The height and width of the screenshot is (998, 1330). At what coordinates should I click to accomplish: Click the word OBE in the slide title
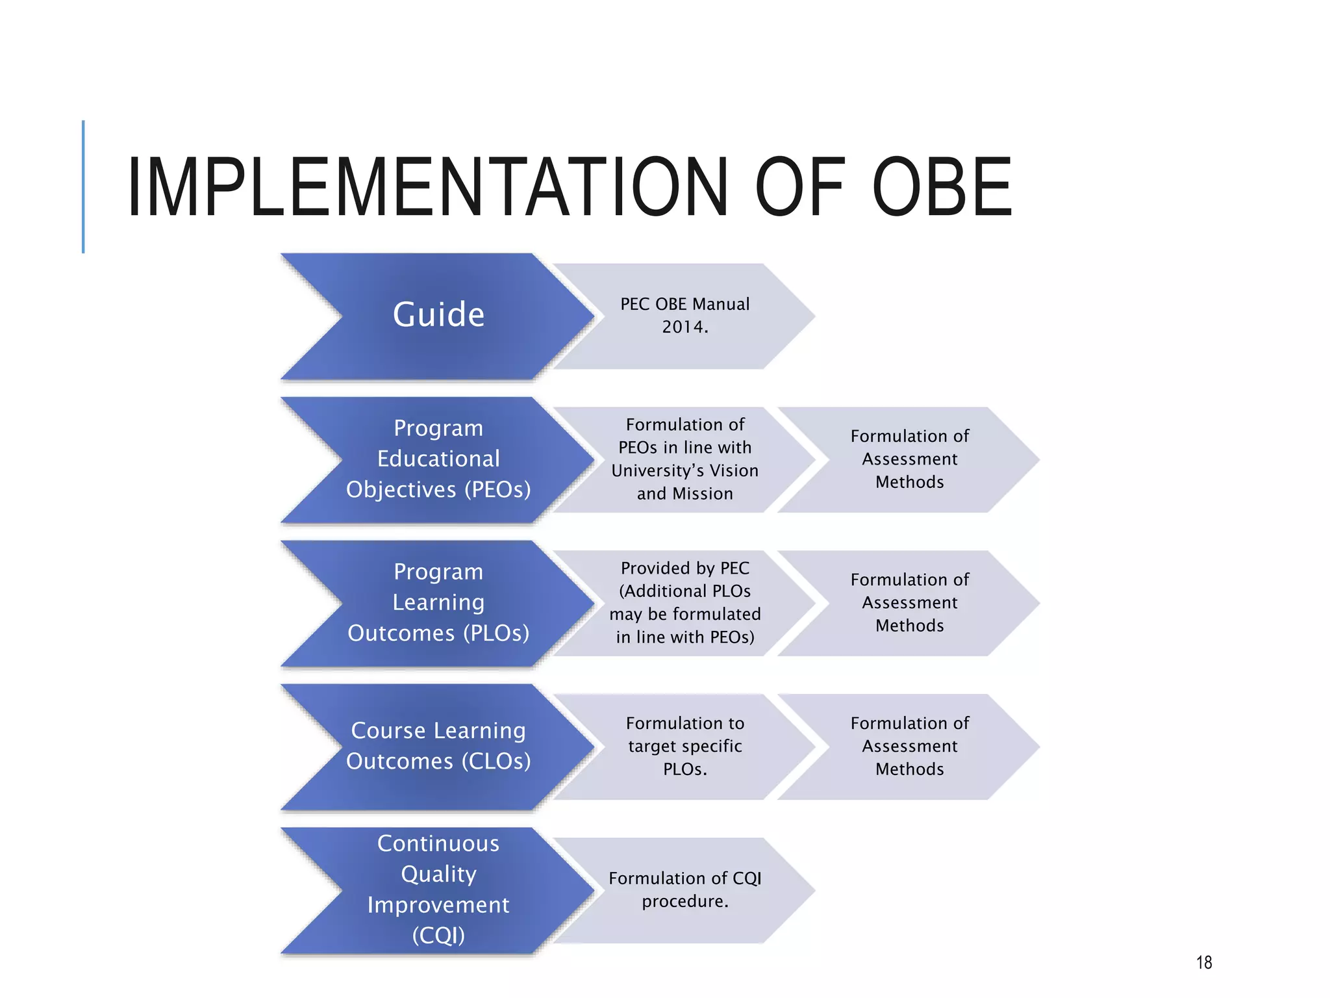(942, 187)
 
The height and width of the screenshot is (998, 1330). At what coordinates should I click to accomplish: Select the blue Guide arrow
(438, 316)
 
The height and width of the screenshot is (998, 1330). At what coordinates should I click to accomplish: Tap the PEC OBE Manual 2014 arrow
(684, 316)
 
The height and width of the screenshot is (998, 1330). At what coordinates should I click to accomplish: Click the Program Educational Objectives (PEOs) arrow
(438, 459)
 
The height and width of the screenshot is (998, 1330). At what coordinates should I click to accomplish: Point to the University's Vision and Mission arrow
(684, 459)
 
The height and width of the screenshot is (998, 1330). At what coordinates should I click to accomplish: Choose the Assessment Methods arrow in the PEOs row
(909, 459)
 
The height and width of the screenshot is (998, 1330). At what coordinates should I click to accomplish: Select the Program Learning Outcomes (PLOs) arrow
(438, 603)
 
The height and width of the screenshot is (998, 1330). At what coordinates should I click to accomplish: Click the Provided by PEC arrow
(684, 603)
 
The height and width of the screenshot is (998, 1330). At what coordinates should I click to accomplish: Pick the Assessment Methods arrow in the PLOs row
(909, 603)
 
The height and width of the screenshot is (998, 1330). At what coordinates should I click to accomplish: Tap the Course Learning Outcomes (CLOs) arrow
(438, 747)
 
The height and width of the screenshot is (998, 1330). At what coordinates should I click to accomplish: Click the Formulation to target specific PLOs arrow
(684, 747)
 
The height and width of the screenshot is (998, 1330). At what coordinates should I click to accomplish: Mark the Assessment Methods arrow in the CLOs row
(909, 747)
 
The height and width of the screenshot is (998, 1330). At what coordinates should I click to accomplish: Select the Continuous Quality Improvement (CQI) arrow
(438, 890)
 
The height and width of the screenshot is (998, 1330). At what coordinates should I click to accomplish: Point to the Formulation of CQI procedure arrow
(684, 890)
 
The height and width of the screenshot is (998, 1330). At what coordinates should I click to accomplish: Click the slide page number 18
(1204, 962)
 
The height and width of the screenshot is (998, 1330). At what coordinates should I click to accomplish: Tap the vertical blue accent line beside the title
(83, 186)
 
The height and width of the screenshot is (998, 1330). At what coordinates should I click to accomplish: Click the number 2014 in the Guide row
(684, 327)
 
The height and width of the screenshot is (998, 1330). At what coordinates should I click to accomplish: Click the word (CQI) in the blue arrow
(438, 936)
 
